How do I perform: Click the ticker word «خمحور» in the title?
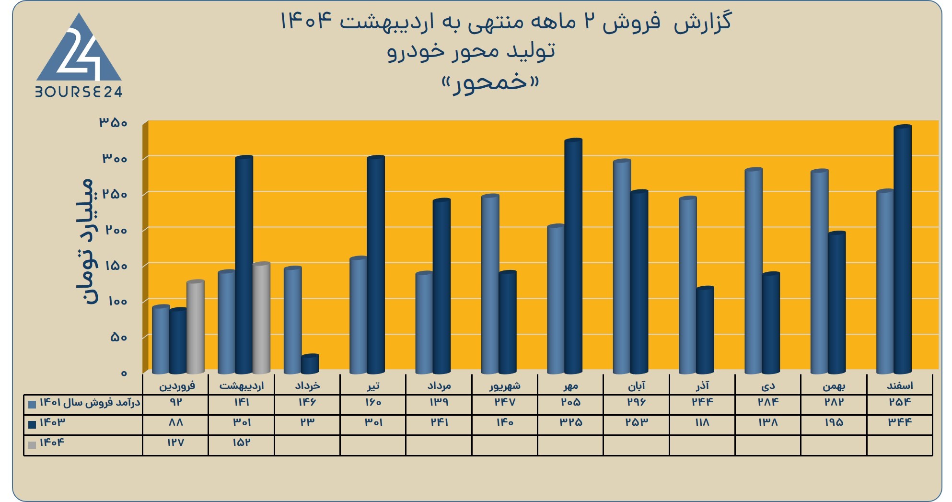tap(490, 84)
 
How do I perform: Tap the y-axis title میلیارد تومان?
tap(86, 241)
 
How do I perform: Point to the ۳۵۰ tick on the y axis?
tap(113, 123)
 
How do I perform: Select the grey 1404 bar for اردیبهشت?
tap(261, 318)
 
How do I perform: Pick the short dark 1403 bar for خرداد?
tap(310, 364)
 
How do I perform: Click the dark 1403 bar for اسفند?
tap(903, 249)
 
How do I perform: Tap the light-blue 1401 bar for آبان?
tap(622, 267)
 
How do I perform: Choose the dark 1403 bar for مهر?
tap(573, 256)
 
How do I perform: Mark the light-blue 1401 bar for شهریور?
tap(490, 284)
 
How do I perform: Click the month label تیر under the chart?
tap(373, 385)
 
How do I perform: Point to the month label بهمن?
tap(834, 385)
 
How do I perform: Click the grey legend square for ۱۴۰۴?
tap(32, 445)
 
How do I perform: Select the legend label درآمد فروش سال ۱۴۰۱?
tap(90, 402)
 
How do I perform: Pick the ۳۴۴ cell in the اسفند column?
tap(900, 422)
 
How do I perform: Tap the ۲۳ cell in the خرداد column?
tap(307, 422)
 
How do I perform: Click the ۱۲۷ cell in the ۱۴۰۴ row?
tap(175, 443)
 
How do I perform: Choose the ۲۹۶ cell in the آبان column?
tap(636, 402)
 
